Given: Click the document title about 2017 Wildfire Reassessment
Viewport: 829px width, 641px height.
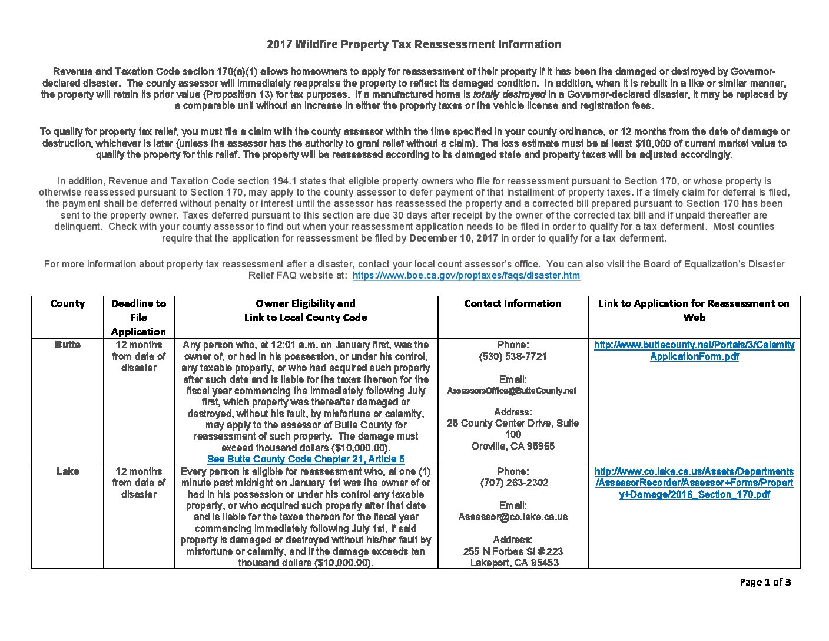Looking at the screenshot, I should click(x=414, y=44).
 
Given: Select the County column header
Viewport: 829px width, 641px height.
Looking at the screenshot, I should click(x=67, y=303).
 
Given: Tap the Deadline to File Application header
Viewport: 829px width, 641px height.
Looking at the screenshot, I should click(x=138, y=318).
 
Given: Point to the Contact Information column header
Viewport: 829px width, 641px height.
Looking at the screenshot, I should click(x=512, y=303).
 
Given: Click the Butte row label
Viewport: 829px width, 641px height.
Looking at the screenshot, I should click(x=67, y=345).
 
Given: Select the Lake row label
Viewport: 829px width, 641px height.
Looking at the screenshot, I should click(x=67, y=471).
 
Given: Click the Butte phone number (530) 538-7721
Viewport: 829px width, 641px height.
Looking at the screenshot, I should click(x=512, y=356).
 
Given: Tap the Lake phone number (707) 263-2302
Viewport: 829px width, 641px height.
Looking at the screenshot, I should click(x=512, y=483).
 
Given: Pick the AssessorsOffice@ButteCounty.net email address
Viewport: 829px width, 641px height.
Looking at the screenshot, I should click(x=512, y=391).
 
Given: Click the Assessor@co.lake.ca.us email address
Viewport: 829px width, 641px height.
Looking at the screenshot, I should click(x=513, y=517).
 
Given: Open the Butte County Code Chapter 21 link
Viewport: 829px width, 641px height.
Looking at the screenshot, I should click(x=306, y=459).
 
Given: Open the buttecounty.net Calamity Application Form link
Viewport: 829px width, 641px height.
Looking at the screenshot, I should click(x=694, y=351).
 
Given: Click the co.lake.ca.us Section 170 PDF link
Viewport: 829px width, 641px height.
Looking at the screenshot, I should click(x=694, y=483).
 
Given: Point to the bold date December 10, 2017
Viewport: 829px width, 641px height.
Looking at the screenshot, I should click(x=453, y=238).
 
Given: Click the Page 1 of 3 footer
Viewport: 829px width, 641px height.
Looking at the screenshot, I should click(x=765, y=582).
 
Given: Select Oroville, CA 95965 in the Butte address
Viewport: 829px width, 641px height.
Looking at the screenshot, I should click(x=513, y=446).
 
